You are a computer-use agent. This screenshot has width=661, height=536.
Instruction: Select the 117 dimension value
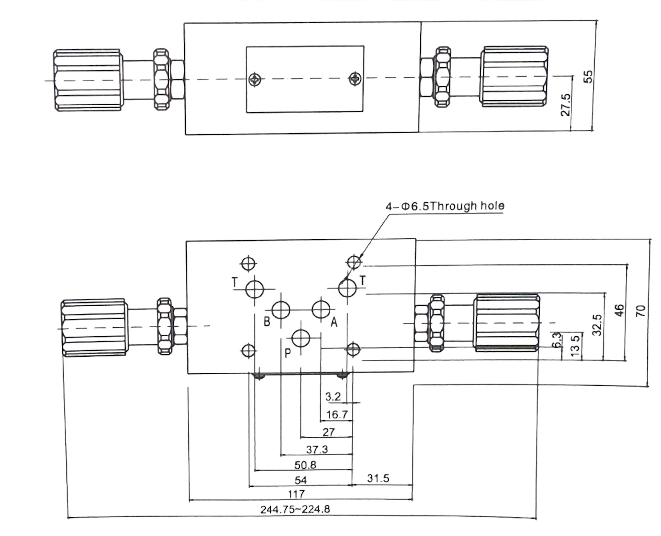coord(296,494)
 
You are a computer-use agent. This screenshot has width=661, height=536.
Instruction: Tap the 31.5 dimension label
coord(378,478)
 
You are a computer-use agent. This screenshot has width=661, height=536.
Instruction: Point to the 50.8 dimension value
coord(305,465)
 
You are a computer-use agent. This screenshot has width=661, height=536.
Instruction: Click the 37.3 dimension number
coord(317,449)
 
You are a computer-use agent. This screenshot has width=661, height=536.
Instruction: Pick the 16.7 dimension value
coord(336,415)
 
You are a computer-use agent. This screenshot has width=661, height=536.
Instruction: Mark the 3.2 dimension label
coord(333,397)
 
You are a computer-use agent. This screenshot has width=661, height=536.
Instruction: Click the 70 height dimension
coord(641,311)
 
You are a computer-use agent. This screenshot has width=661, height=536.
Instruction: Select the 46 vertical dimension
coord(619,310)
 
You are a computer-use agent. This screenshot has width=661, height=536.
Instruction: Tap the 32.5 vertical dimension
coord(597,325)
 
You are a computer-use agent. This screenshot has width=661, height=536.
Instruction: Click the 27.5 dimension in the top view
coord(566,105)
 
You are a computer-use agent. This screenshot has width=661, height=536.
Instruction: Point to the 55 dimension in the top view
coord(589,77)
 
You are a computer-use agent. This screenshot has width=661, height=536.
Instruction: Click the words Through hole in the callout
coord(468,206)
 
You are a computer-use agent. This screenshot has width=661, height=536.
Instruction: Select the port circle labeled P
coord(301,338)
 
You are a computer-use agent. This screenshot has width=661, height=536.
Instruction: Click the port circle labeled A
coord(321,309)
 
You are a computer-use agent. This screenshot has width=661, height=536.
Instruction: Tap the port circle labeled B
coord(281,310)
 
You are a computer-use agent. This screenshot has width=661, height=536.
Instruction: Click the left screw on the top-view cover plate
coord(254,79)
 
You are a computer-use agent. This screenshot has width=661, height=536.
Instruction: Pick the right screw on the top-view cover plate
coord(354,78)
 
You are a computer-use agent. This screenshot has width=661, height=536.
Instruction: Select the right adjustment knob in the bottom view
coord(506,323)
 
